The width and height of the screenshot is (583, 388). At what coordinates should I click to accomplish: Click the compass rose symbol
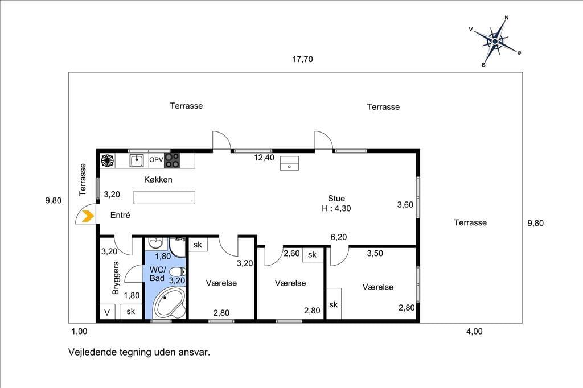tap(495, 42)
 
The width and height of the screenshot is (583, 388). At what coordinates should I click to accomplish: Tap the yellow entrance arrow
tap(88, 216)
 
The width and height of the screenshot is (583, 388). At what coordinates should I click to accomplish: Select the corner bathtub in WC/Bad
tap(170, 303)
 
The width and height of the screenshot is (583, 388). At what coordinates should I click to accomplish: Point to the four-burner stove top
tap(172, 160)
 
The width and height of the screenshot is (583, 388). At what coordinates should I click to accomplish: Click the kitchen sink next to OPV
tap(137, 161)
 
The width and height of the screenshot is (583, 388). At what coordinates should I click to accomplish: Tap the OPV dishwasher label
tap(156, 160)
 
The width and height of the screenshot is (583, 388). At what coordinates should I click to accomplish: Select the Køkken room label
tap(158, 180)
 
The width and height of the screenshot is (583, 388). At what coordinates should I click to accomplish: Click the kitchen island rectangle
tap(165, 197)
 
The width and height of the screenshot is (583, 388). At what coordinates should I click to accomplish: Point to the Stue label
tap(336, 199)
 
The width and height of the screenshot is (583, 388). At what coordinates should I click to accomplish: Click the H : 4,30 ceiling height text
tap(336, 208)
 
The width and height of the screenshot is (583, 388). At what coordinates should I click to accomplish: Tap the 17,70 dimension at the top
tap(302, 59)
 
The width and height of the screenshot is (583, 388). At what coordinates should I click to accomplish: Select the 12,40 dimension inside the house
tap(264, 158)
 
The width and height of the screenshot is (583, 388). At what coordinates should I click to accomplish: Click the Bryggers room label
tap(116, 278)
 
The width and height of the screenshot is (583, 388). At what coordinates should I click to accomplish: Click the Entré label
tap(120, 215)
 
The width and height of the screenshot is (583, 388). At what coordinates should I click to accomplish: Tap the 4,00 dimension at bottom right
tap(474, 332)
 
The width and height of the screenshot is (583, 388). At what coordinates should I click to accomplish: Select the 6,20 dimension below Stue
tap(338, 237)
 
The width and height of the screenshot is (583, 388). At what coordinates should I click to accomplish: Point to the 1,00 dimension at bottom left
tap(79, 332)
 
